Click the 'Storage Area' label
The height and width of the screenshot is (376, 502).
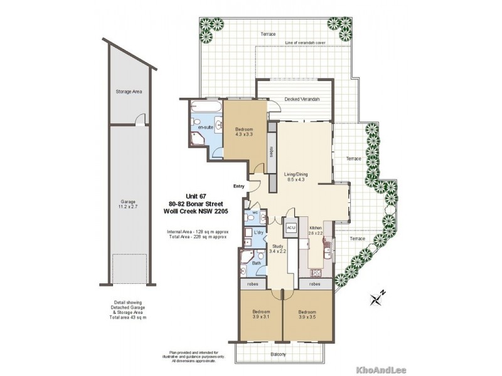click(x=129, y=91)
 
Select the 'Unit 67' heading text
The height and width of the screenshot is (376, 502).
click(x=195, y=195)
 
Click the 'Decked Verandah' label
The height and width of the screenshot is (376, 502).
click(x=302, y=100)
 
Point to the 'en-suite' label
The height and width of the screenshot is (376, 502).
click(x=205, y=128)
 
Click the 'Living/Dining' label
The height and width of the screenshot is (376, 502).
click(x=296, y=175)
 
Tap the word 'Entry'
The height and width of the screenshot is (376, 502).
click(x=239, y=186)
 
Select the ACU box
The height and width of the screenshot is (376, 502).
click(x=291, y=228)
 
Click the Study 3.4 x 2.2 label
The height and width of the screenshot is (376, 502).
click(x=277, y=248)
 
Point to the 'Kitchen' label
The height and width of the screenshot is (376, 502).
click(x=316, y=228)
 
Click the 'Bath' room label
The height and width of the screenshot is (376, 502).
click(x=257, y=263)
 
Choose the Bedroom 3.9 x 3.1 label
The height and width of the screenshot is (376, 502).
click(x=261, y=314)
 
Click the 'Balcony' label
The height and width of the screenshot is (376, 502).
click(x=279, y=354)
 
